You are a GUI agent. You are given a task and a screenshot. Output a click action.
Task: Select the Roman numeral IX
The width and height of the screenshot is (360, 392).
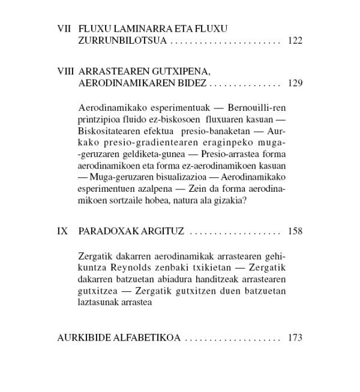pos(63,231)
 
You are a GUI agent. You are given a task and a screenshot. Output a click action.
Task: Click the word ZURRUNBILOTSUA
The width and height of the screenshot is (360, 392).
pos(123,41)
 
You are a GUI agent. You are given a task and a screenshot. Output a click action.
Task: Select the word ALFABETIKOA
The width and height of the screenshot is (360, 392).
pos(147,337)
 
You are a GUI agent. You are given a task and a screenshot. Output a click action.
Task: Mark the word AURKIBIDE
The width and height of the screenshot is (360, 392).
pos(84,337)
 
